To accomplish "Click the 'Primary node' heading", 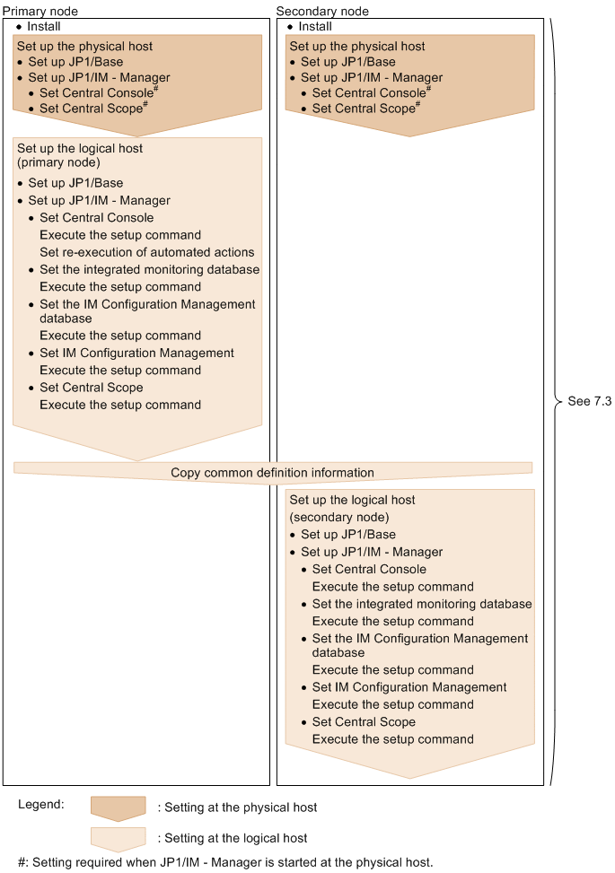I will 40,11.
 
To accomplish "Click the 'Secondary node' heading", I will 322,11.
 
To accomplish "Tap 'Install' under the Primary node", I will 44,27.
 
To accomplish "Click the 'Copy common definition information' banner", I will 272,472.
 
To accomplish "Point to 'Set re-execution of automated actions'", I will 147,252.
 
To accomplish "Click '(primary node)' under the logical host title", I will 58,163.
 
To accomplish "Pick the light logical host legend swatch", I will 119,838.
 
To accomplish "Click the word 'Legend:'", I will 40,804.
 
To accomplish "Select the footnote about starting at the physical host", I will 225,862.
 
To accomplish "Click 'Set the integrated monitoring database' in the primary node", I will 149,269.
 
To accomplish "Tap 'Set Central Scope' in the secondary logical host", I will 364,721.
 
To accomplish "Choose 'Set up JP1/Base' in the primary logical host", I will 75,183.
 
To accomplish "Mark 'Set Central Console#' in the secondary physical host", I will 371,92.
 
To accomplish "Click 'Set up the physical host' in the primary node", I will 84,46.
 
